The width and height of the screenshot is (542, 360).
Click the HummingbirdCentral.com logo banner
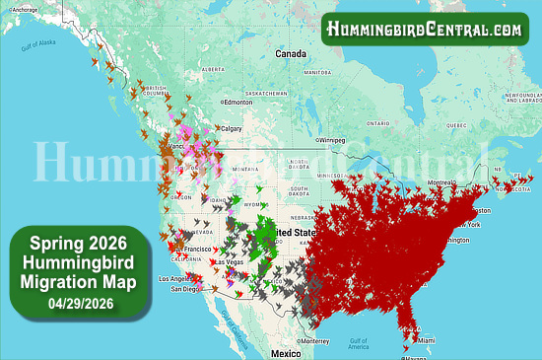click(425, 29)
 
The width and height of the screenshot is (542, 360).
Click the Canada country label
click(292, 52)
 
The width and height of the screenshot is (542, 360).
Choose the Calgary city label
click(233, 128)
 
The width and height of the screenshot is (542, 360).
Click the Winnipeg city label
click(332, 141)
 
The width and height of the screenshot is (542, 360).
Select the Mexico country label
click(286, 352)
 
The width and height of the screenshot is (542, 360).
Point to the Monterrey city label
click(315, 340)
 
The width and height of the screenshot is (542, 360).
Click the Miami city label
click(424, 340)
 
